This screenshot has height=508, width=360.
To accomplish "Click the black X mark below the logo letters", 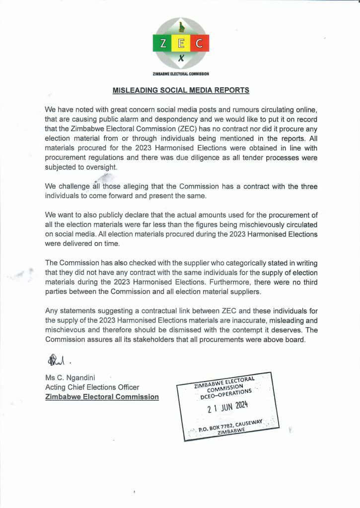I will coord(181,59).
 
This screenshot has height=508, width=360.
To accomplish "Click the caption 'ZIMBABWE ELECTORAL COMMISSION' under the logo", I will coord(181,73).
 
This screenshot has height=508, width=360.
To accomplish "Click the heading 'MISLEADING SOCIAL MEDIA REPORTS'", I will coord(181,91).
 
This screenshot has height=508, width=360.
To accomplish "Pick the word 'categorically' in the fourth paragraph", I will coord(245,263).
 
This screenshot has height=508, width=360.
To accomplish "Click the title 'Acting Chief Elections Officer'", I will coord(92,387).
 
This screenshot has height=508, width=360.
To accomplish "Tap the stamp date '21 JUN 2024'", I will coord(227,408).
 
